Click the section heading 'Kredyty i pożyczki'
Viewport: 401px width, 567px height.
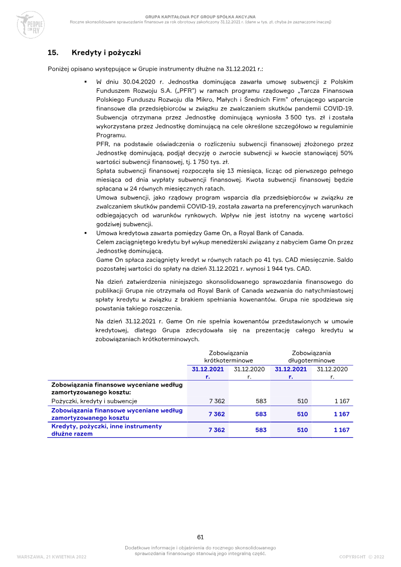click(x=106, y=52)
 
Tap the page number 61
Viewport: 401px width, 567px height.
click(x=200, y=537)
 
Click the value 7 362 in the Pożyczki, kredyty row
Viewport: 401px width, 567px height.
click(x=217, y=401)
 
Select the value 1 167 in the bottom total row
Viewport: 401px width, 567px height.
click(x=341, y=430)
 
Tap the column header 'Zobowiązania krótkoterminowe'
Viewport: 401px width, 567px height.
click(x=228, y=356)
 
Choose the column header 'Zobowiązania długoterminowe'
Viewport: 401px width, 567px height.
click(x=311, y=356)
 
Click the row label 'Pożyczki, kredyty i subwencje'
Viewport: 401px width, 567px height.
click(x=94, y=401)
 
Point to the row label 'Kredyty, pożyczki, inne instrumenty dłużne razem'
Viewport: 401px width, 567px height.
click(x=106, y=430)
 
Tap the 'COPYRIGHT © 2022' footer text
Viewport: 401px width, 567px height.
click(x=361, y=556)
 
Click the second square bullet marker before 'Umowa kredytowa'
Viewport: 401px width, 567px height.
click(x=86, y=233)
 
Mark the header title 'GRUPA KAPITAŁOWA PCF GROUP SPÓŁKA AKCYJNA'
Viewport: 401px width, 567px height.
click(x=200, y=17)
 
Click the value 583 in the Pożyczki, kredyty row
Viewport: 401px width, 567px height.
click(x=261, y=401)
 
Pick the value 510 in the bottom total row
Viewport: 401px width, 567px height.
click(x=302, y=430)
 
